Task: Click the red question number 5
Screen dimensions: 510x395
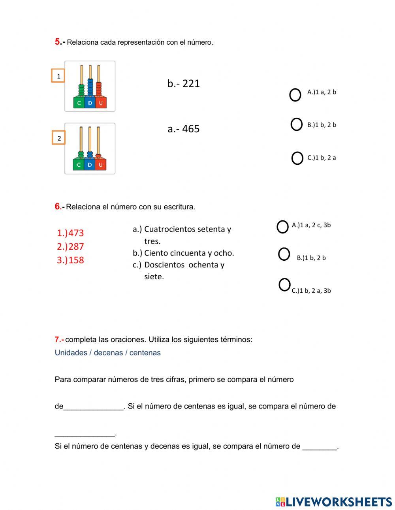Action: tap(58, 42)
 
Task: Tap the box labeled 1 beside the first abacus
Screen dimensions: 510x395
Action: tap(58, 76)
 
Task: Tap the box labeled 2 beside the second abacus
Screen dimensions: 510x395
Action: tap(59, 138)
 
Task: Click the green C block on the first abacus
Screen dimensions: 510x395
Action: tap(79, 103)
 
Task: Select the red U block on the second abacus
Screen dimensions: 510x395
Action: tap(100, 165)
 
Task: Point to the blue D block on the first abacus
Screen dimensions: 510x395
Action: tap(90, 103)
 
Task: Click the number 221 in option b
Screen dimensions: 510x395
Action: tap(191, 83)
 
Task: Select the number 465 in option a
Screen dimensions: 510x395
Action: tap(191, 129)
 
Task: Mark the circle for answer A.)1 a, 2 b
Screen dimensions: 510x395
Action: tap(295, 95)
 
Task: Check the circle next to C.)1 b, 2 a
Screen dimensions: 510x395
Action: tap(297, 158)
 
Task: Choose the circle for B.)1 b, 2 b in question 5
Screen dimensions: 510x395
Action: tap(296, 124)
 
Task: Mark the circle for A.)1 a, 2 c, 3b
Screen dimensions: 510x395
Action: tap(282, 227)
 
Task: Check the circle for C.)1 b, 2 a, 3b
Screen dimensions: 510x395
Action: tap(284, 284)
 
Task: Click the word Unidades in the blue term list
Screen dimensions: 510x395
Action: tap(71, 353)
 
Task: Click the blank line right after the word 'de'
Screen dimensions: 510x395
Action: tap(94, 407)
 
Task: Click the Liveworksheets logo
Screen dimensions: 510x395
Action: tap(334, 502)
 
